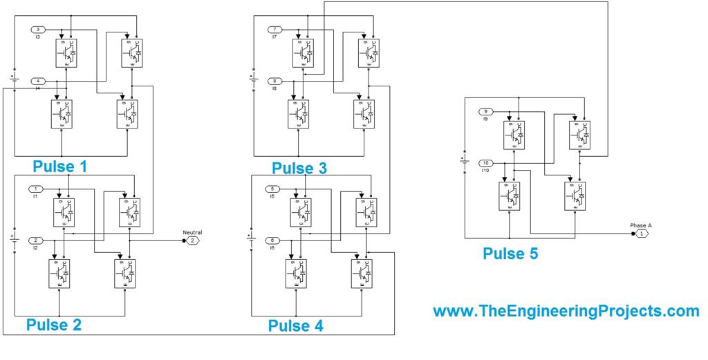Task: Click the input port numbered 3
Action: click(x=39, y=30)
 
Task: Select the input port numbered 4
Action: click(x=39, y=82)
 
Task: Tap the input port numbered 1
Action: click(x=36, y=189)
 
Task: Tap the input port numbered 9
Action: click(x=486, y=111)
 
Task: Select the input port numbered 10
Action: click(x=486, y=163)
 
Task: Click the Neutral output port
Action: click(x=192, y=240)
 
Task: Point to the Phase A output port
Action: click(x=640, y=234)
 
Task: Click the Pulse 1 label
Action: click(x=64, y=167)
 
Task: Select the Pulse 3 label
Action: click(x=299, y=168)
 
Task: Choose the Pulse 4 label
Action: click(x=295, y=325)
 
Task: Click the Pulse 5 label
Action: click(x=510, y=254)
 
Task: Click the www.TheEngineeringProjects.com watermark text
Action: click(x=566, y=312)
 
